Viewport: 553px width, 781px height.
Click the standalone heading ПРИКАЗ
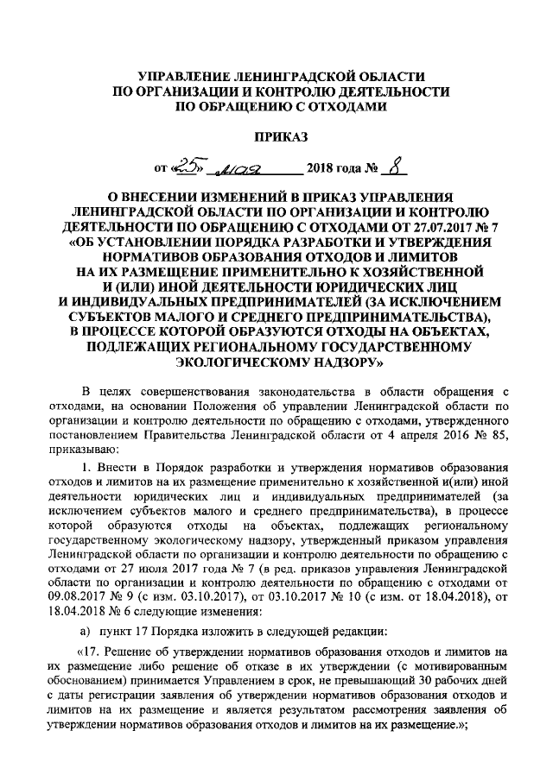(x=277, y=136)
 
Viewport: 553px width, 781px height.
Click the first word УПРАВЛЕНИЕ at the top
(x=181, y=77)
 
